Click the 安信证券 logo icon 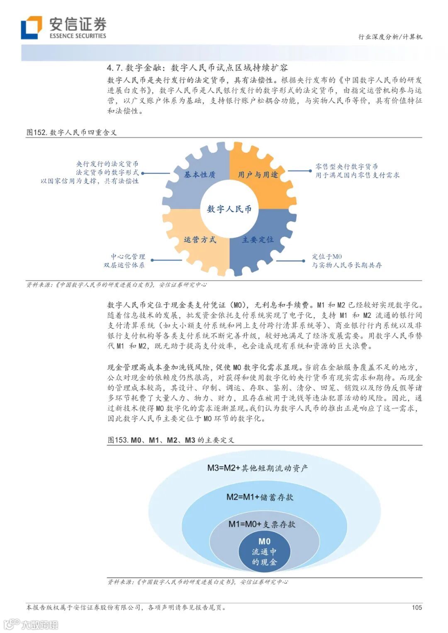click(32, 27)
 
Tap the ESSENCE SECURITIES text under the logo click(78, 36)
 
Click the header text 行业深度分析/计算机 click(390, 37)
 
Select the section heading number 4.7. click(114, 68)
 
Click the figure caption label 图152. click(37, 133)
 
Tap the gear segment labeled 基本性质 click(200, 175)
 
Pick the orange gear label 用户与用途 click(258, 175)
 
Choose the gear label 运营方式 click(200, 240)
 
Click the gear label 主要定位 click(258, 240)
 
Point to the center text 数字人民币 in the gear click(229, 209)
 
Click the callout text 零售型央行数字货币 click(346, 167)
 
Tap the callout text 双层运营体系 click(124, 265)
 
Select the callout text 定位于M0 click(327, 257)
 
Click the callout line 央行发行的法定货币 click(107, 164)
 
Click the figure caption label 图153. click(118, 440)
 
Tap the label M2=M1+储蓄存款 click(260, 497)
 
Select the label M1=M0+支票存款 click(262, 524)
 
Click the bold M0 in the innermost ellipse click(264, 541)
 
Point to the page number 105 click(416, 608)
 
